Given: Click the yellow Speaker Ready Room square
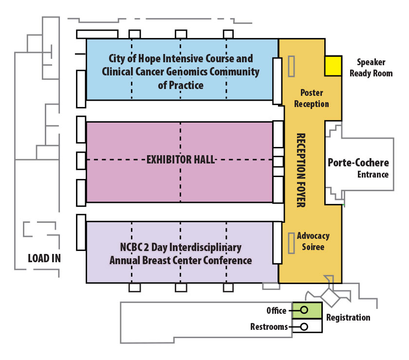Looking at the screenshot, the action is pyautogui.click(x=333, y=66).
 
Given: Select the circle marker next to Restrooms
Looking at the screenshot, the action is pyautogui.click(x=304, y=326).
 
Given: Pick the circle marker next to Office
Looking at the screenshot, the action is pyautogui.click(x=304, y=310).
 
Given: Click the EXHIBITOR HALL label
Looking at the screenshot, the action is pyautogui.click(x=181, y=160).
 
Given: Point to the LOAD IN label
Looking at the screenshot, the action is pyautogui.click(x=44, y=258).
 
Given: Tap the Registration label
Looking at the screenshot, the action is pyautogui.click(x=348, y=318).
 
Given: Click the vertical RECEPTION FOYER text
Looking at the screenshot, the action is pyautogui.click(x=301, y=170).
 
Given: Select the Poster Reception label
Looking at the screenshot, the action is pyautogui.click(x=312, y=98).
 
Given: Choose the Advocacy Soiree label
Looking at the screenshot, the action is pyautogui.click(x=313, y=241).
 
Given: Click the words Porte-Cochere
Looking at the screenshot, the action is pyautogui.click(x=358, y=162).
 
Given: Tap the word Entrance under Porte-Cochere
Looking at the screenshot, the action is pyautogui.click(x=373, y=174).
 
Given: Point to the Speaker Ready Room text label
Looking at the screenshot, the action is pyautogui.click(x=371, y=68).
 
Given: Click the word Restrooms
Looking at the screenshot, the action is pyautogui.click(x=269, y=326).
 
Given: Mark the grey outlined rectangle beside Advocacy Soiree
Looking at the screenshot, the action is pyautogui.click(x=291, y=243).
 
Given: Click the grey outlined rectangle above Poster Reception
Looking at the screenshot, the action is pyautogui.click(x=291, y=66).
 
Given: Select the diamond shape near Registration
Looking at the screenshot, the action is pyautogui.click(x=331, y=297).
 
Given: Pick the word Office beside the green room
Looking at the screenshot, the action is pyautogui.click(x=277, y=310).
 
